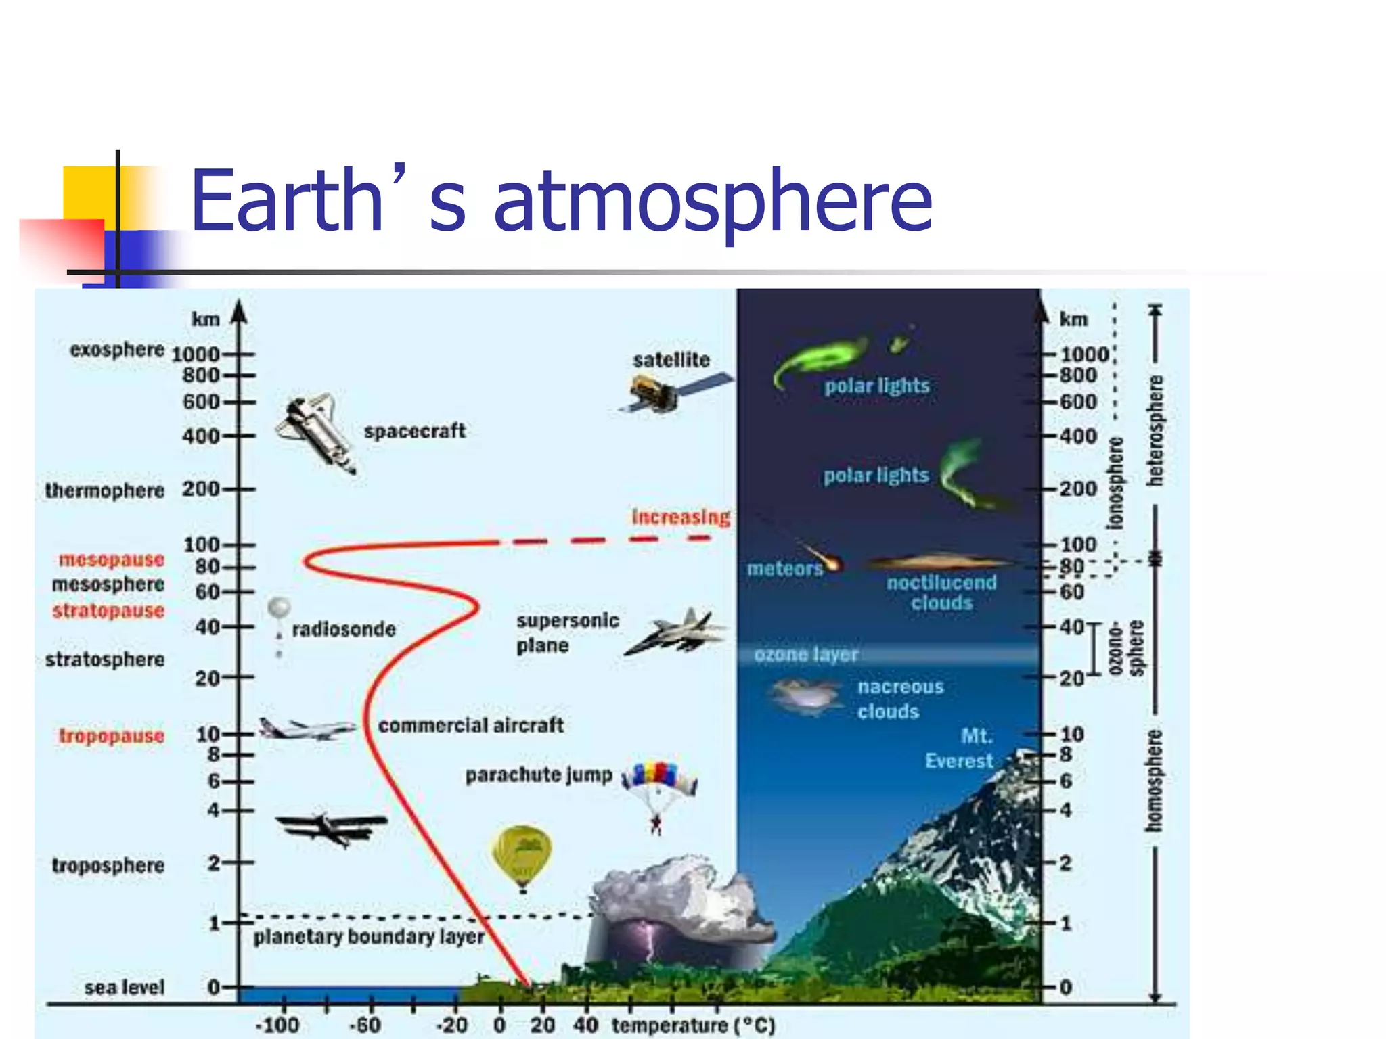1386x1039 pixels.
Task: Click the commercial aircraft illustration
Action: click(x=307, y=728)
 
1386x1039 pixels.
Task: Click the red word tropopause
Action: click(x=112, y=735)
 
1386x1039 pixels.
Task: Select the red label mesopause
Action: click(x=112, y=559)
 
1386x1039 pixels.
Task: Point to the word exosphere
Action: click(x=117, y=350)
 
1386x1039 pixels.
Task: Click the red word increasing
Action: click(x=681, y=517)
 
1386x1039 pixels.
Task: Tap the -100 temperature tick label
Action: click(x=277, y=1025)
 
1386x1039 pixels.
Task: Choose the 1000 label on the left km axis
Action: click(x=196, y=354)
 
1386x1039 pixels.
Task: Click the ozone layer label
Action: click(x=806, y=654)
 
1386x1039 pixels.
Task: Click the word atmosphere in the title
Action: click(x=713, y=200)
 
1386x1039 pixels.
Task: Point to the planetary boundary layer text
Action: click(x=369, y=937)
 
